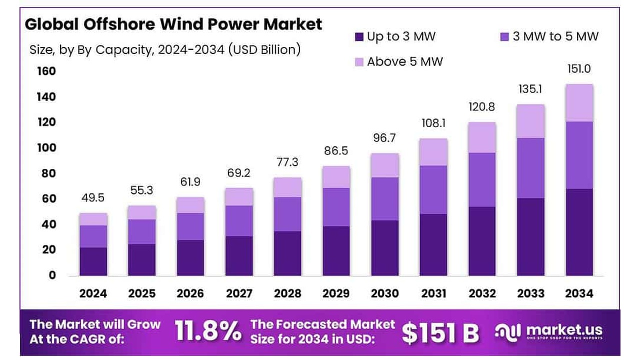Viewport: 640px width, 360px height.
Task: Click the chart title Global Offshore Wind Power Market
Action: [x=173, y=24]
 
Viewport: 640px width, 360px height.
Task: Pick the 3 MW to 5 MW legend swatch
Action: [x=505, y=36]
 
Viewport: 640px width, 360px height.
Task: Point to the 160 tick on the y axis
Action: [x=46, y=71]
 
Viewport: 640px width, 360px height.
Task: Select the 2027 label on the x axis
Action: [x=238, y=293]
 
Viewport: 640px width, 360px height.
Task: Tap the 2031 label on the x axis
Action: [x=433, y=293]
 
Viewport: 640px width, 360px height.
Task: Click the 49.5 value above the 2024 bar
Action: [x=93, y=198]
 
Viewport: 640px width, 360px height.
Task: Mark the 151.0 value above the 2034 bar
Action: [x=579, y=68]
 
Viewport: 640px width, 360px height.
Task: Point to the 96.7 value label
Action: [x=384, y=137]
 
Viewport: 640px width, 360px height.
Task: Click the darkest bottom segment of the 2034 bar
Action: [x=579, y=232]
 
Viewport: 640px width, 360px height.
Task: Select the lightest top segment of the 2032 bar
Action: [x=482, y=137]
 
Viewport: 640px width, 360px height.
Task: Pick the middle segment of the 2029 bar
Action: [x=336, y=207]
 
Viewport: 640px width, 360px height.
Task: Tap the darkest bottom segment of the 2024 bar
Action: [x=93, y=261]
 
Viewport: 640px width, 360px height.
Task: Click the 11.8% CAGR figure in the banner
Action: [x=207, y=331]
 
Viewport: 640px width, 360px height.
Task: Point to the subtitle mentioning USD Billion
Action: [x=165, y=50]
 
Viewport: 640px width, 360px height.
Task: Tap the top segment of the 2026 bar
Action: [x=190, y=205]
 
